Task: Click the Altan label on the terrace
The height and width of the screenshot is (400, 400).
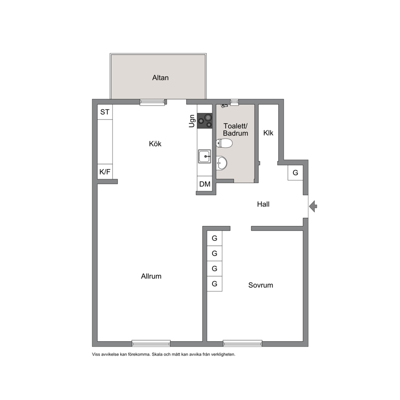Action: point(160,77)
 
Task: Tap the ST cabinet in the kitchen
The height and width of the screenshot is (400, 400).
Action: point(105,112)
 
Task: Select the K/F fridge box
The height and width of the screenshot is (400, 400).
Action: point(105,172)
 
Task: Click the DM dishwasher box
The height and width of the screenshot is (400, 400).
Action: point(204,184)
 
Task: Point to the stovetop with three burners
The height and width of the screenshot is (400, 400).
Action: point(204,121)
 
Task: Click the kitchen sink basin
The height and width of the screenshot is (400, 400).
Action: point(204,156)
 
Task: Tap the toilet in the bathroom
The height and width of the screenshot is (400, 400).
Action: point(224,143)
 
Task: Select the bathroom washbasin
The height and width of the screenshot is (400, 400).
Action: point(221,163)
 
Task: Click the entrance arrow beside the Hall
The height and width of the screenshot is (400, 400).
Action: point(313,206)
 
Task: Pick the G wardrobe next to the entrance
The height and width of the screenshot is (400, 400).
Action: point(296,173)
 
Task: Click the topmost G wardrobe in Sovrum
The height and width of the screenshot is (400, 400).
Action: point(215,238)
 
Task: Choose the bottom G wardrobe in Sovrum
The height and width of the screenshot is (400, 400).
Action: point(215,284)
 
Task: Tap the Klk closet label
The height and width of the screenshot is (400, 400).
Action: point(268,133)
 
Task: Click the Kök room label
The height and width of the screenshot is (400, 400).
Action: point(155,144)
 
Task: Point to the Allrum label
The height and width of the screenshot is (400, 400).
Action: point(151,276)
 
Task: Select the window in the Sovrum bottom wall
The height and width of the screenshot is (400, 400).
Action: point(243,344)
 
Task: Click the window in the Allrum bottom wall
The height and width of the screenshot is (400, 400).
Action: point(151,344)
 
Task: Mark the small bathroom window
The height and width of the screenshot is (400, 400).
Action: point(234,102)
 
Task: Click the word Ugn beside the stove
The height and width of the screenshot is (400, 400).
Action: point(192,121)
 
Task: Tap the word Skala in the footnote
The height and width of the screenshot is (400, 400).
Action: point(157,354)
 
